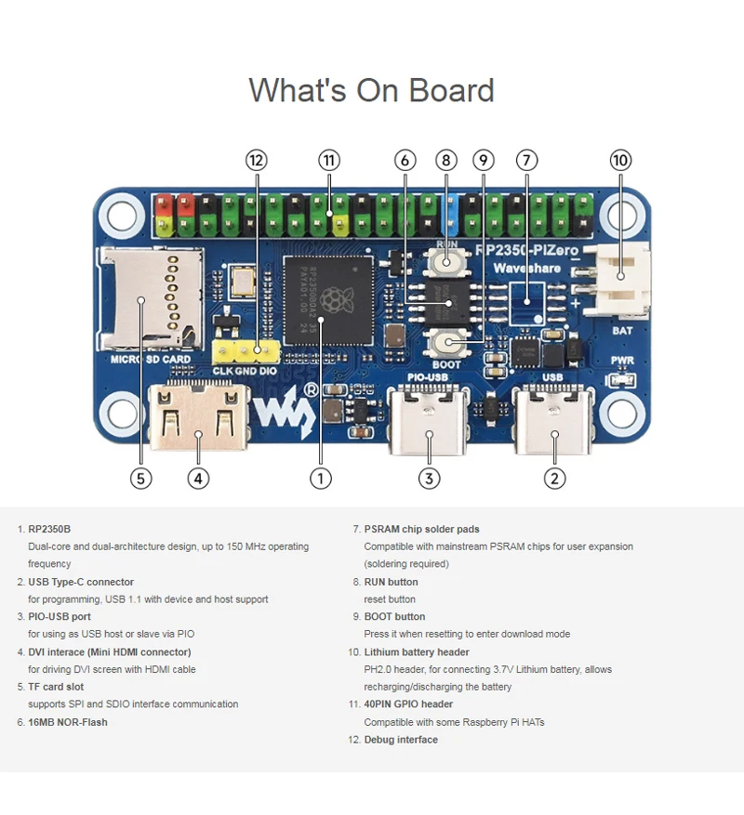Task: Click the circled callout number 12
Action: click(257, 160)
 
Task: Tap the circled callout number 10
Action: click(620, 160)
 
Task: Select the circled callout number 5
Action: click(140, 478)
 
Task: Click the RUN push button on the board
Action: click(447, 263)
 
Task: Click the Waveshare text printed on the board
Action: click(526, 268)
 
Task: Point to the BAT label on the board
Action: click(622, 329)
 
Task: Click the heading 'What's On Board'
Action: click(371, 90)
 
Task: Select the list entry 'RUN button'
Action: click(391, 582)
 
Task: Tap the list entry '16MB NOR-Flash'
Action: click(68, 722)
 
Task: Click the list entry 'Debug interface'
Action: click(401, 740)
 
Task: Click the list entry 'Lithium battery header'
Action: click(417, 652)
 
